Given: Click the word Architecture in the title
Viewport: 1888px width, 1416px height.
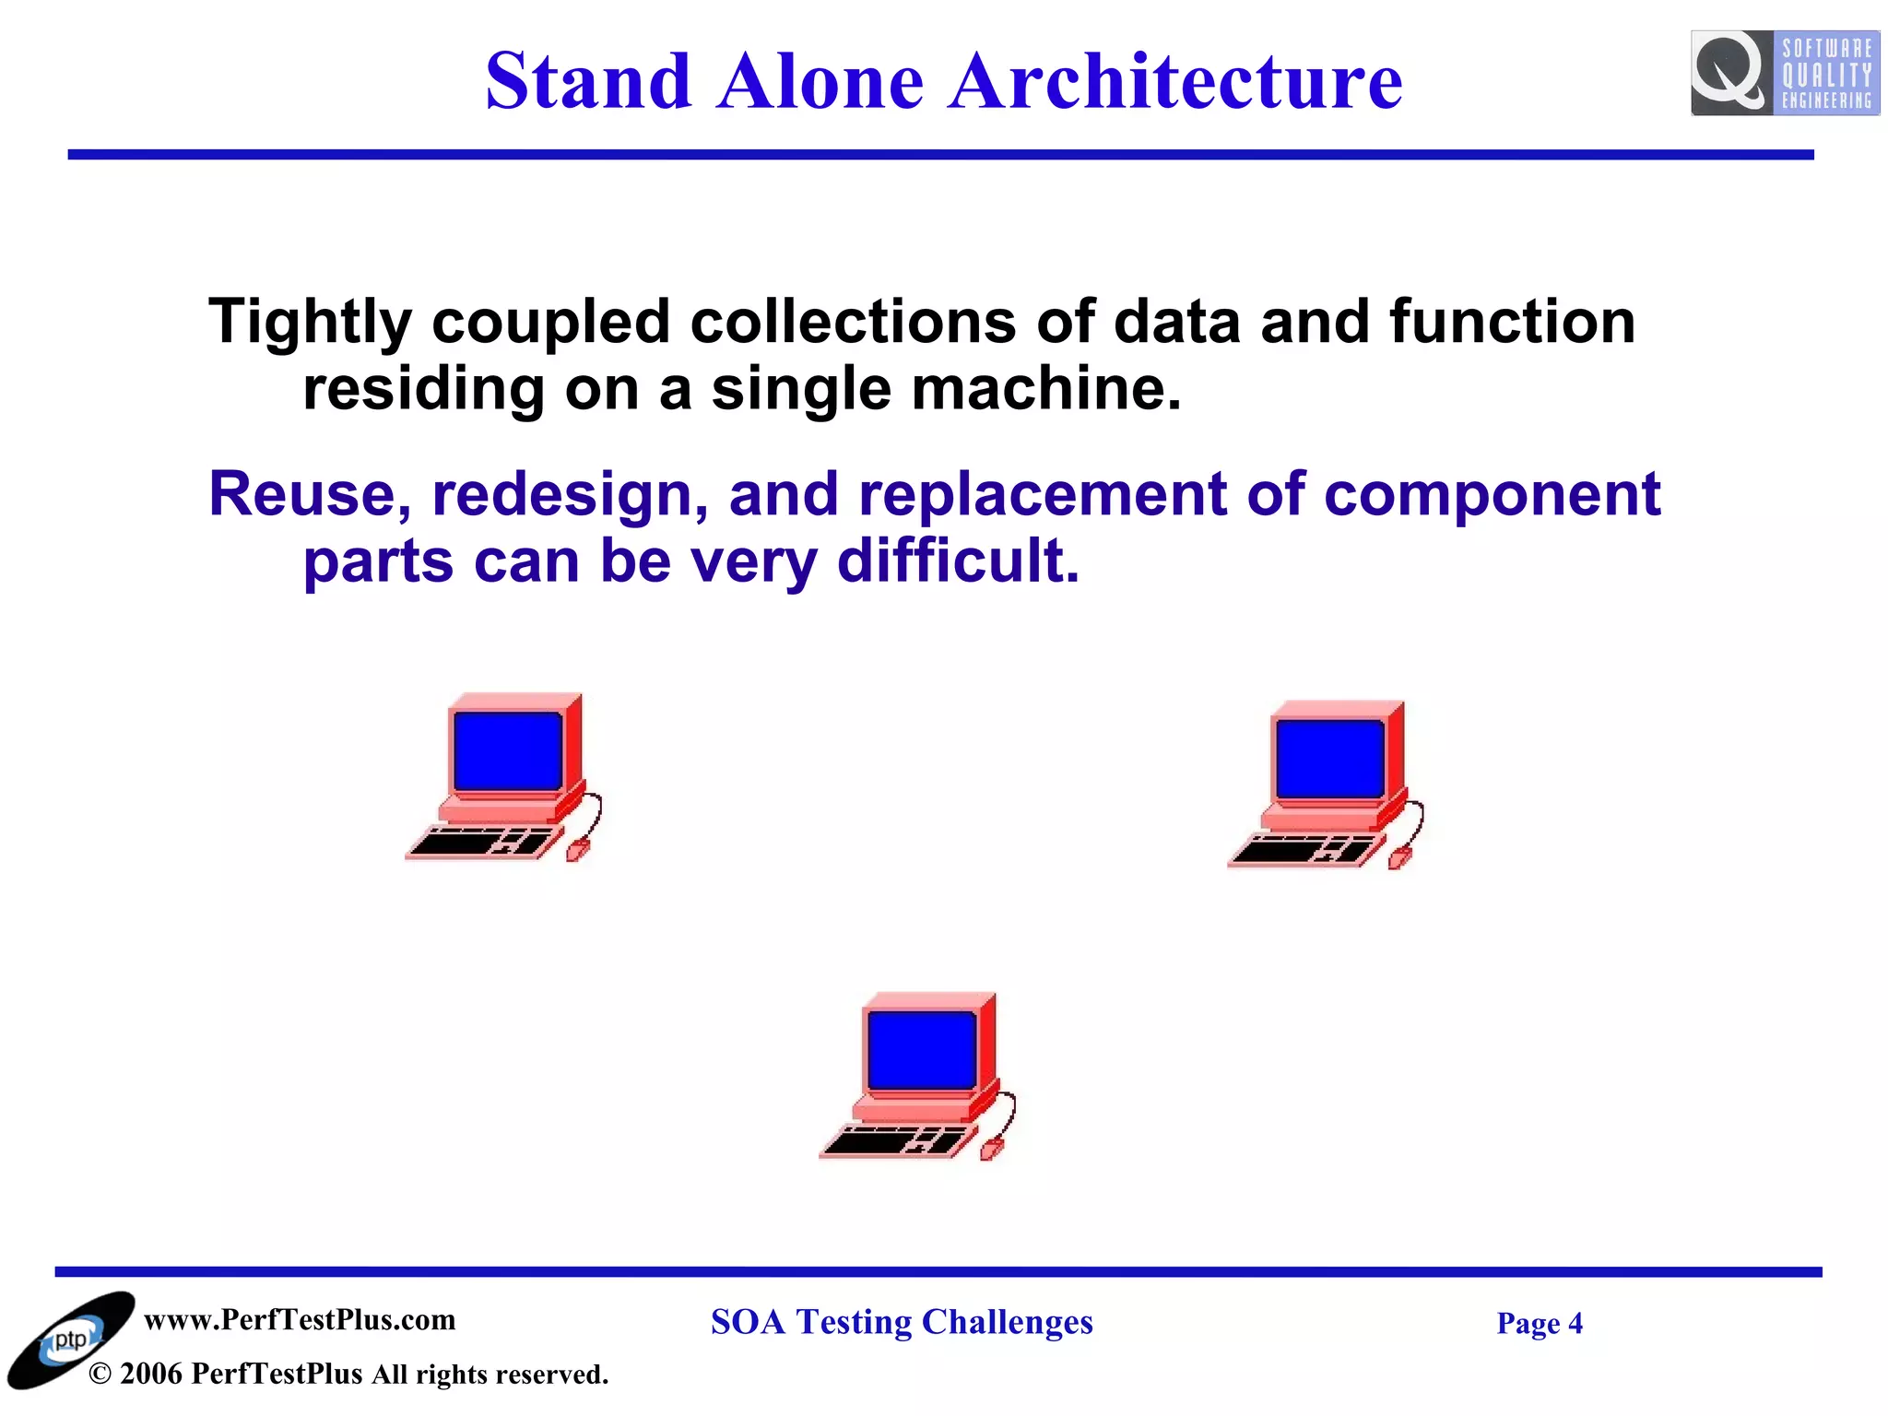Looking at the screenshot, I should (1175, 81).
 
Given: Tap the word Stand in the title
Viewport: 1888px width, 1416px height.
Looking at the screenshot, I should (588, 81).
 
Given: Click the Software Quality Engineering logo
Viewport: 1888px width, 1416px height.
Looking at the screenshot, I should (1784, 73).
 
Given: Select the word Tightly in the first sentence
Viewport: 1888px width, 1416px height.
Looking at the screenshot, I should (310, 323).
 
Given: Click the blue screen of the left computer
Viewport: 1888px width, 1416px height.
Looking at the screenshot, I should (508, 750).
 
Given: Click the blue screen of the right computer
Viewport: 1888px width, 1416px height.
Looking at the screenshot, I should (1330, 759).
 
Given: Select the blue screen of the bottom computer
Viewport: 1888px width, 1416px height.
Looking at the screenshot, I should (922, 1050).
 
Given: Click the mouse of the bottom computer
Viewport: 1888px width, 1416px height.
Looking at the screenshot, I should (991, 1150).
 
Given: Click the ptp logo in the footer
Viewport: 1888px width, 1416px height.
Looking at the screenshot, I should (70, 1340).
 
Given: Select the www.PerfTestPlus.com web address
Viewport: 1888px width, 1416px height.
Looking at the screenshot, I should (300, 1320).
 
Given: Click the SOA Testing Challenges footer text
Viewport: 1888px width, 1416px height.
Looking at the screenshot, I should (902, 1322).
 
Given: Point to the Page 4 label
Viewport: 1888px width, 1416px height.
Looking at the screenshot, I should (1539, 1324).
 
